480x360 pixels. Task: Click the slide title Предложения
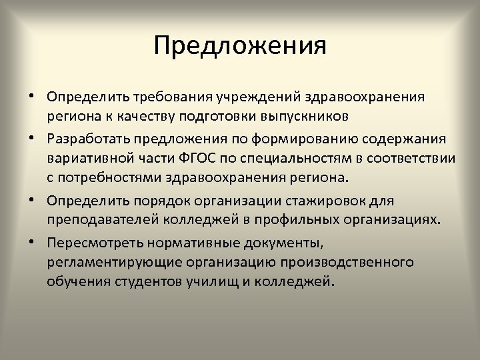tap(240, 46)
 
